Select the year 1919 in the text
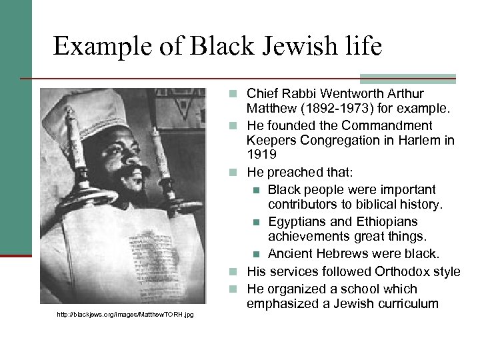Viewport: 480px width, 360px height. click(x=261, y=155)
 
